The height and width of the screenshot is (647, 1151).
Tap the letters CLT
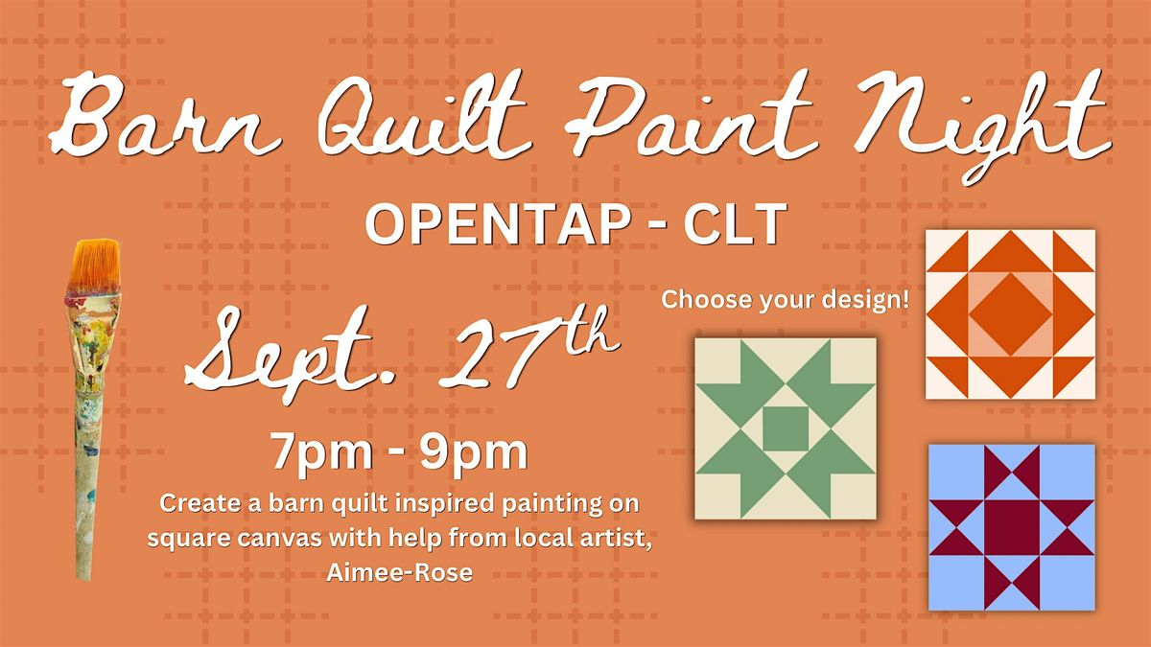[x=736, y=224]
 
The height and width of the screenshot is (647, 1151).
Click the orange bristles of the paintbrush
[x=94, y=267]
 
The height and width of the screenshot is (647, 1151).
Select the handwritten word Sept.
[x=292, y=354]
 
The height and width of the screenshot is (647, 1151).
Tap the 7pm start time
[x=322, y=451]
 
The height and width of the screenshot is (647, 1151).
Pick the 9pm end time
[x=474, y=451]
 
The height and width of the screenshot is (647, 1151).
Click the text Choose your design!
[x=785, y=299]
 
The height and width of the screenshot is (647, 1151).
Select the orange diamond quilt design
[x=1010, y=314]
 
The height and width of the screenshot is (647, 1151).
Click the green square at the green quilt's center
[x=786, y=428]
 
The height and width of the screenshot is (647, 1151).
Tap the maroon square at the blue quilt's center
[x=1011, y=527]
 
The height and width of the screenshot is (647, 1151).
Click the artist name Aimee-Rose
[x=400, y=572]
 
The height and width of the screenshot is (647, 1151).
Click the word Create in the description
[x=199, y=503]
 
